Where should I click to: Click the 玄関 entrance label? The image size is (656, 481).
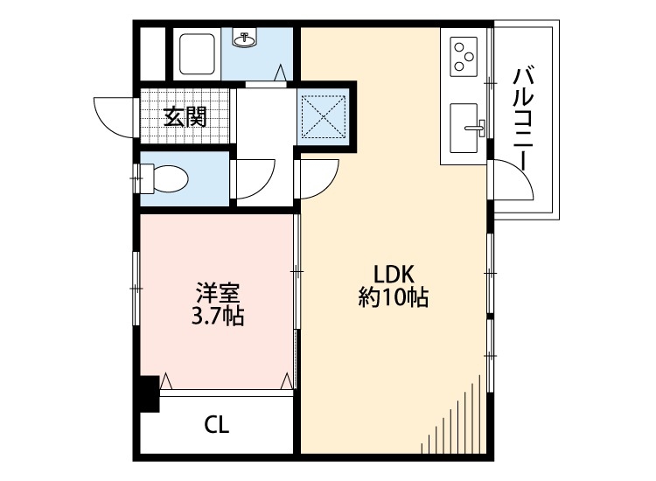coord(185,115)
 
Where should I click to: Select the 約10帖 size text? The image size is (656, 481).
coord(393,297)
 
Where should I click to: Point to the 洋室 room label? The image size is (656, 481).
coord(217,292)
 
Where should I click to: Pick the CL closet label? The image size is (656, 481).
coord(217,426)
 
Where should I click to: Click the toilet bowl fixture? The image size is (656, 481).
coord(170,178)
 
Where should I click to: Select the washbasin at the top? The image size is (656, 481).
coord(244,38)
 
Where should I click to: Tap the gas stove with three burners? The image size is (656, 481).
coord(464,58)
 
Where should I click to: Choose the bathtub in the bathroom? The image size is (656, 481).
coord(197,53)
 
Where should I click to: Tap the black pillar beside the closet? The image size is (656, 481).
coord(148,393)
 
